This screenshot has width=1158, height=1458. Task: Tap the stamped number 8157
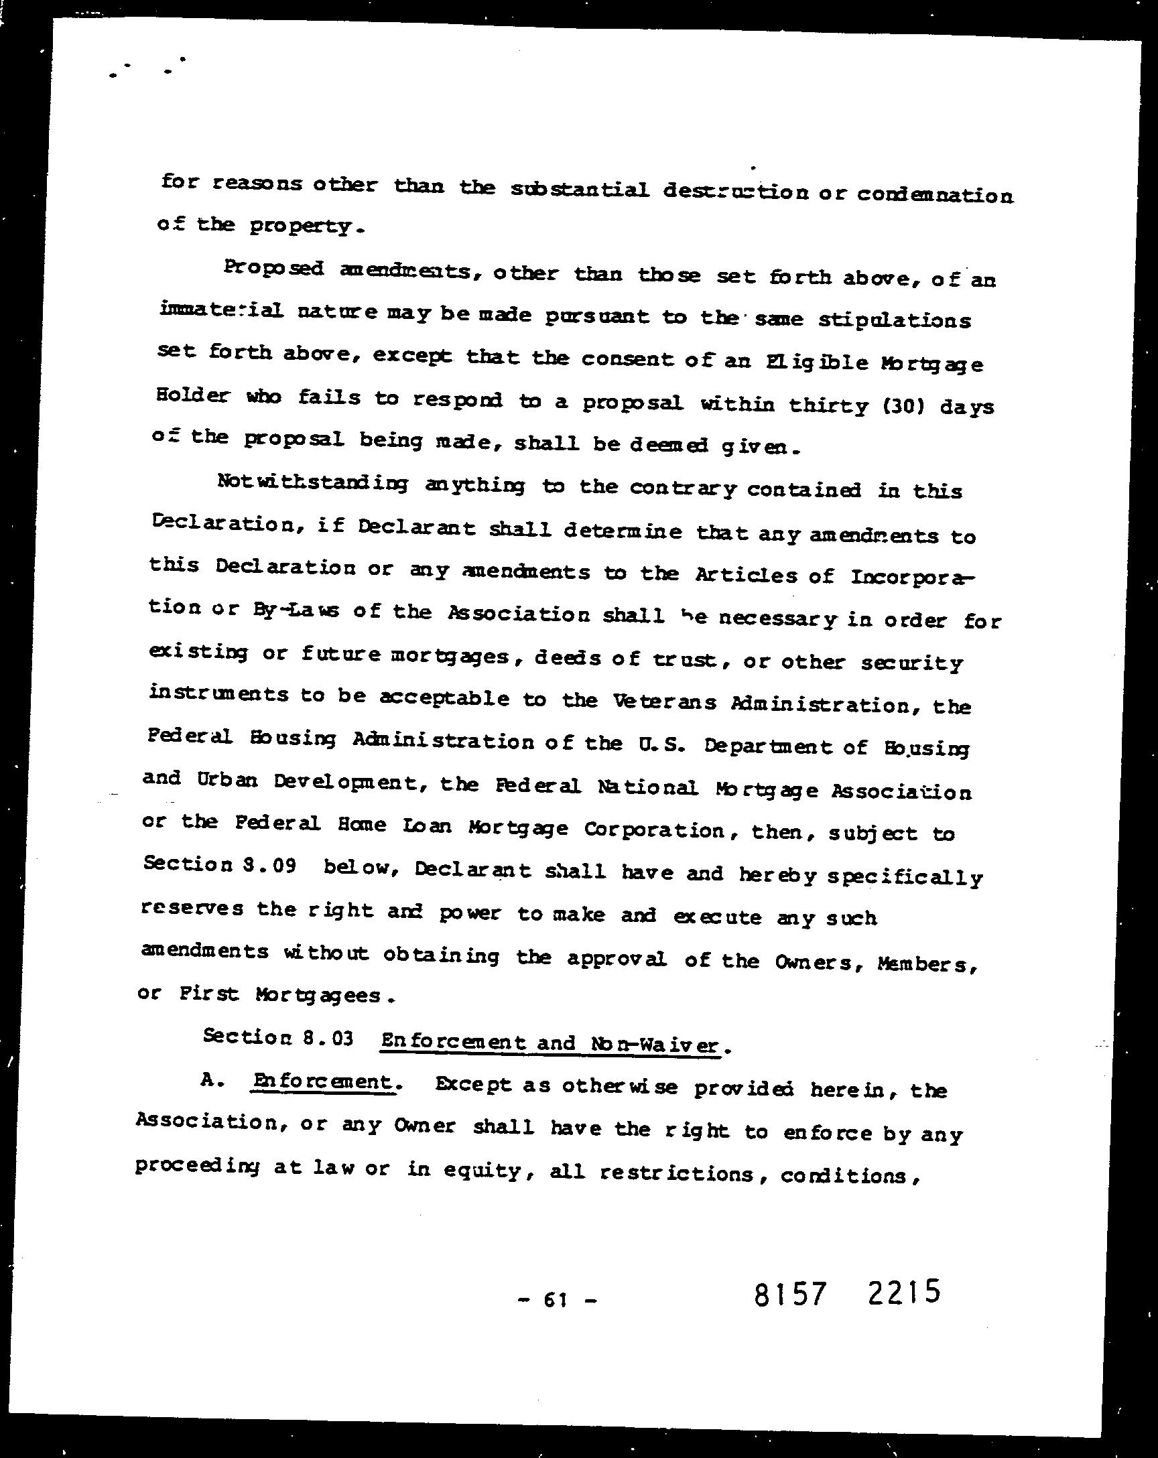790,1295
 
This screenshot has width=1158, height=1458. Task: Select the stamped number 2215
903,1292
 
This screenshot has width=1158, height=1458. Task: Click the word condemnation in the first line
936,196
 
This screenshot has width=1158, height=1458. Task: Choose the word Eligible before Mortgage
817,362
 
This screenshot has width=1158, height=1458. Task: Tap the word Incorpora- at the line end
913,577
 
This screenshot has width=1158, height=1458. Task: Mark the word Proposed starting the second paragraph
274,268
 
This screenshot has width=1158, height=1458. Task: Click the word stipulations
895,319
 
